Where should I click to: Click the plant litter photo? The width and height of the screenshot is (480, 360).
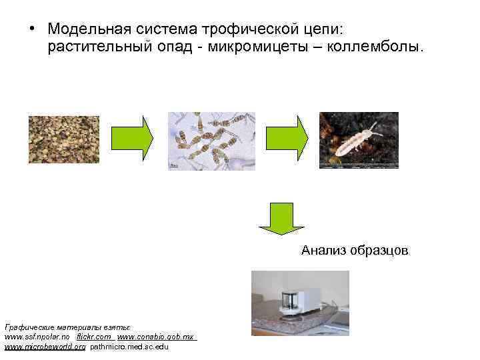[x=63, y=139]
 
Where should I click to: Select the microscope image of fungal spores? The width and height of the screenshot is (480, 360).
[x=211, y=140]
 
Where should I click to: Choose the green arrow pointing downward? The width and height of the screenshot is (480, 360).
[x=281, y=219]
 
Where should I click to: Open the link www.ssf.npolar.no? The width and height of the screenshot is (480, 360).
[x=37, y=338]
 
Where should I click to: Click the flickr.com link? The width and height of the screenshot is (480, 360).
[x=94, y=338]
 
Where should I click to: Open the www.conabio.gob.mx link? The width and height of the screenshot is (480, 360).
[x=156, y=338]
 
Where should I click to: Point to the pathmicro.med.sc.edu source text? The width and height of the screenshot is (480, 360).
[x=129, y=347]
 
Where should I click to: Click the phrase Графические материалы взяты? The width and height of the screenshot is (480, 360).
[x=67, y=329]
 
